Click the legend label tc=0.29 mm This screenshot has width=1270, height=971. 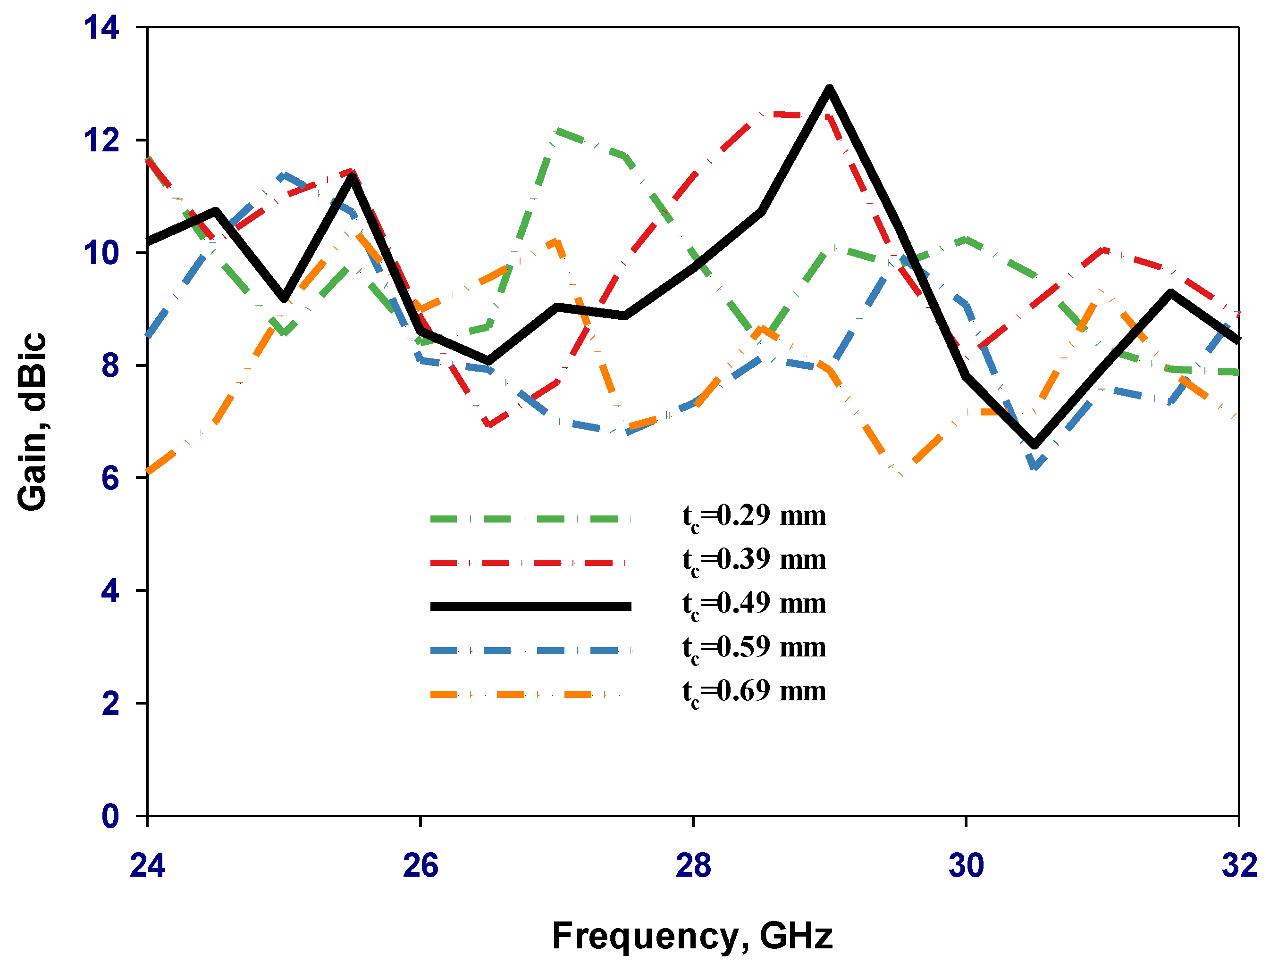(754, 516)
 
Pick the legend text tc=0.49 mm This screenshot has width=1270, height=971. (754, 604)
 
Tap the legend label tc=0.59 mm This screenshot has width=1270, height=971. (754, 648)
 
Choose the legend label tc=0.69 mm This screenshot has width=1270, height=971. (754, 692)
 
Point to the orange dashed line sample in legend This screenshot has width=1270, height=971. (524, 694)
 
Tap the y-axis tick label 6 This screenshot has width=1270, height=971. (110, 478)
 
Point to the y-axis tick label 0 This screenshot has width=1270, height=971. (110, 816)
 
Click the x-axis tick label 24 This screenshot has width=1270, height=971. (147, 865)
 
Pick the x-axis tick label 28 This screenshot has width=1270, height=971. (693, 865)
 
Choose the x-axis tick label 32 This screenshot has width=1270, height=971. (1239, 865)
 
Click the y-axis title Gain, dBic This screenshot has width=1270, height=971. (32, 422)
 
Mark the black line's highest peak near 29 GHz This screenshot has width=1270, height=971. (829, 89)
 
